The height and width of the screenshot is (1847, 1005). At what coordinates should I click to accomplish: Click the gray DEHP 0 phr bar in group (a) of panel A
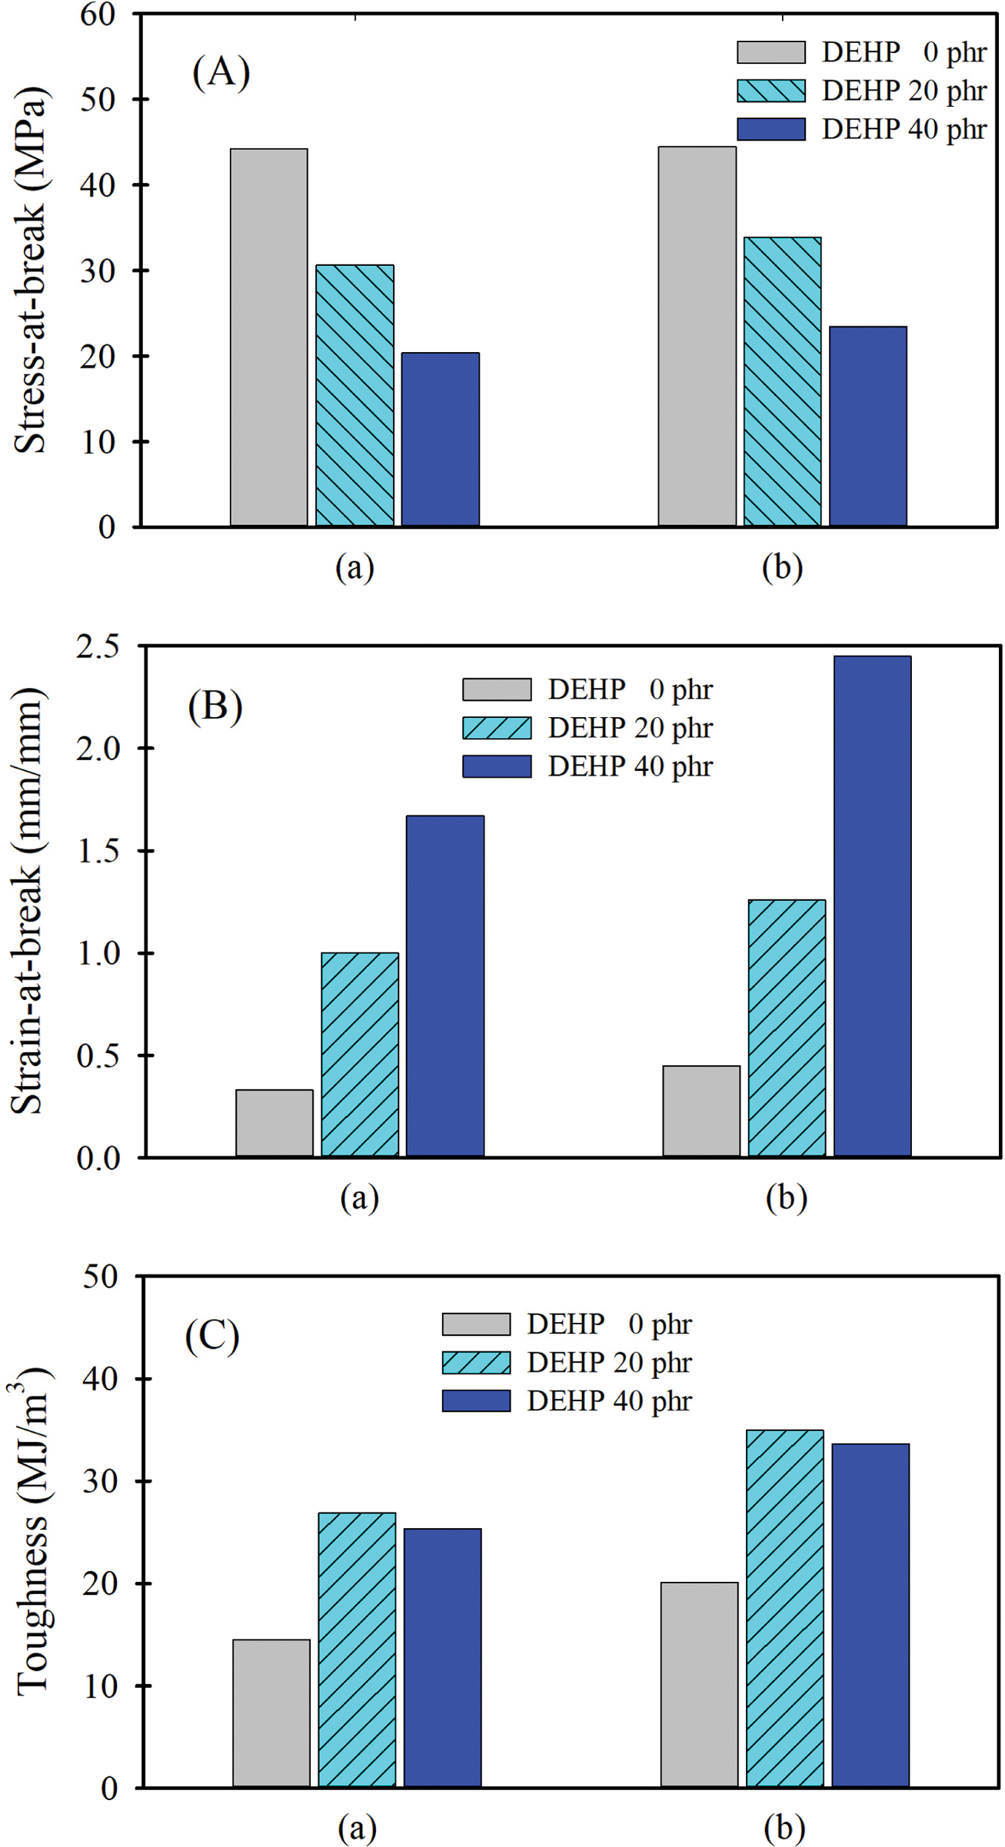[269, 338]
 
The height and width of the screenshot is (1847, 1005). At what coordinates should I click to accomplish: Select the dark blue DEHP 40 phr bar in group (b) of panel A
[868, 427]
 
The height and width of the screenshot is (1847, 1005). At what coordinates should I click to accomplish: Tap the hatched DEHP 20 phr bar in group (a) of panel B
[360, 1055]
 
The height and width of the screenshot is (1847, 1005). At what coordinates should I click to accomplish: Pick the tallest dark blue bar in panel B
[872, 906]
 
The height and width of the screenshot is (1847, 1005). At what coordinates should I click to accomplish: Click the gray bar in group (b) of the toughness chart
[699, 1685]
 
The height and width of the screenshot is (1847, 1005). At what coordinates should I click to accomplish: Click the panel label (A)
[221, 72]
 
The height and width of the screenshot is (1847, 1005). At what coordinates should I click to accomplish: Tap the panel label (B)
[215, 706]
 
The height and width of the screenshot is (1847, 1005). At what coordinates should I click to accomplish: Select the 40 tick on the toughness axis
[99, 1379]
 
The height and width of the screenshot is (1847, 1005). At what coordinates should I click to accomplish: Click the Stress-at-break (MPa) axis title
[31, 271]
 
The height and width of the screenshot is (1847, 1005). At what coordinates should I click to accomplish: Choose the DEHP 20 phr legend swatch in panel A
[771, 91]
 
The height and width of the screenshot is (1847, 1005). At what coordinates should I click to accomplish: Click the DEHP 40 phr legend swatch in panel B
[497, 766]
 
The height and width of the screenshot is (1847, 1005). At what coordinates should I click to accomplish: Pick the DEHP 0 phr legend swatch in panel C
[476, 1324]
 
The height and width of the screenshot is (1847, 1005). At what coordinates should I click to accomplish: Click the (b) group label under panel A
[782, 568]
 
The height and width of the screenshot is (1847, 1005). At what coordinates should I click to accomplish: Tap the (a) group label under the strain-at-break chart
[359, 1198]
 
